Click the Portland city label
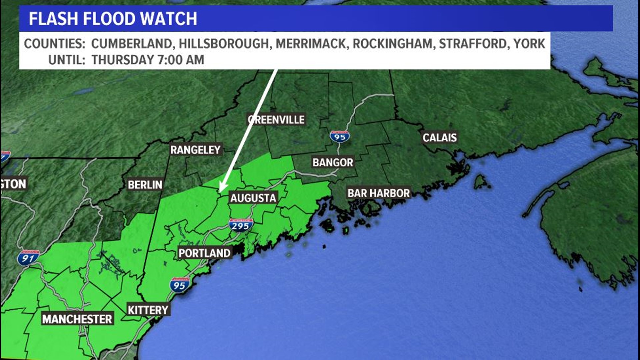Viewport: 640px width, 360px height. click(x=204, y=253)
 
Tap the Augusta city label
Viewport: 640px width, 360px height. click(x=253, y=198)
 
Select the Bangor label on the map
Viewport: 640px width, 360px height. click(x=333, y=162)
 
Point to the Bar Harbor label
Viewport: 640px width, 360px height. click(x=378, y=193)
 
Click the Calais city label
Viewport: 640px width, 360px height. click(x=439, y=137)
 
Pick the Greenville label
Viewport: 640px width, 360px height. click(x=276, y=120)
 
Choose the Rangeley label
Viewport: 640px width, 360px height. click(x=195, y=150)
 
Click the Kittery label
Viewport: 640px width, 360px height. click(x=148, y=310)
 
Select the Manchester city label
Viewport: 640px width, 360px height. click(x=77, y=319)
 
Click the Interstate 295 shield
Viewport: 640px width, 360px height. click(x=240, y=226)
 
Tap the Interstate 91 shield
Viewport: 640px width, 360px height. click(x=28, y=258)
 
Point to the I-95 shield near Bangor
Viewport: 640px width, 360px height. click(x=340, y=136)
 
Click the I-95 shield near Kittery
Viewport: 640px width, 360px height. click(x=179, y=285)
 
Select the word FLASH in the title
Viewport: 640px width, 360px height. click(x=54, y=19)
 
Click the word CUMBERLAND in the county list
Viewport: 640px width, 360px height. click(x=131, y=44)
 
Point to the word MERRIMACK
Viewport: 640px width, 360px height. click(x=310, y=44)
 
